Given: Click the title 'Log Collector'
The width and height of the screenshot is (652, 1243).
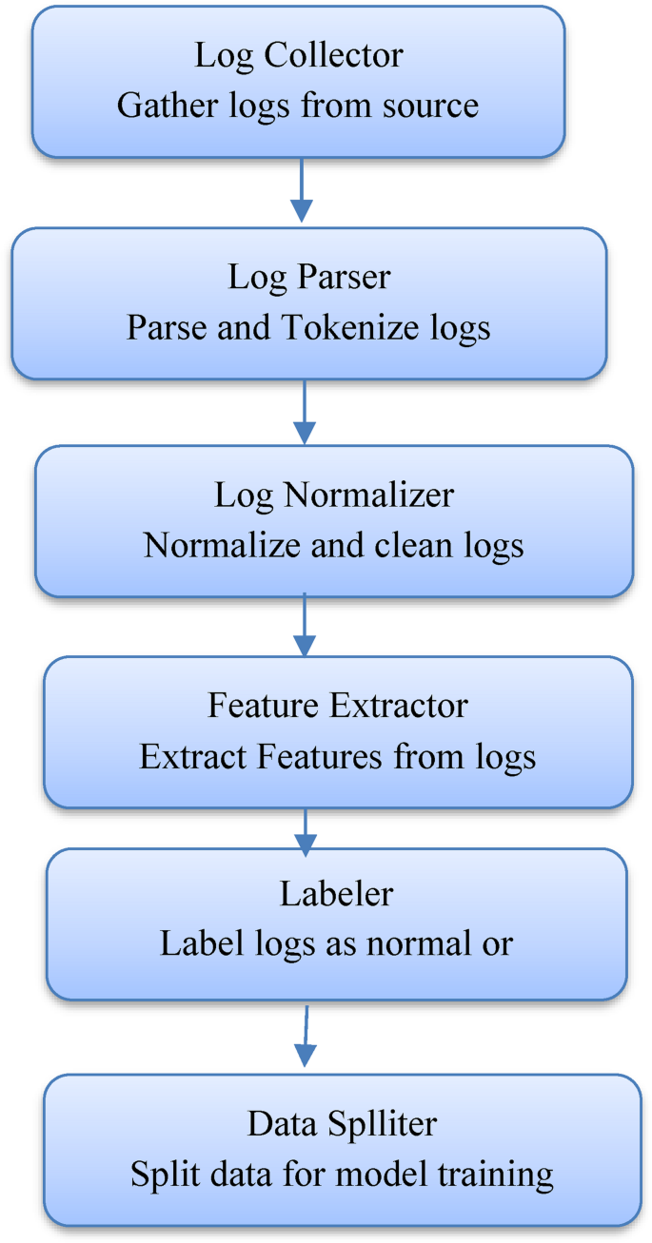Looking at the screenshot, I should click(298, 55).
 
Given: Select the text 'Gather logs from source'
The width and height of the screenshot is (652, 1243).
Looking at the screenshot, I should click(298, 105).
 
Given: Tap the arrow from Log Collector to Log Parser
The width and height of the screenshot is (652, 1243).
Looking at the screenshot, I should click(302, 190).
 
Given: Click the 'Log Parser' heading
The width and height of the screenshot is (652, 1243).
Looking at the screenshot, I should click(309, 278).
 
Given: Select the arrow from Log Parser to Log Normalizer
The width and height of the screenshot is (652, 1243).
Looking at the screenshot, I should click(304, 412).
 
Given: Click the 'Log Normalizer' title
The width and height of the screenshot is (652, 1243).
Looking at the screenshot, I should click(334, 495).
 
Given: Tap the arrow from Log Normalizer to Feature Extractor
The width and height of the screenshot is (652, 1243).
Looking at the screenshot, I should click(304, 624).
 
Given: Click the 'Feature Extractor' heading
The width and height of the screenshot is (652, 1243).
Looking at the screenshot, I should click(338, 707).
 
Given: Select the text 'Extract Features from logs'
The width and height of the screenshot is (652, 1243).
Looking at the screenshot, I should click(338, 757).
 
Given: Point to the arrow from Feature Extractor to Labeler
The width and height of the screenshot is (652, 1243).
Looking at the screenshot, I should click(305, 830).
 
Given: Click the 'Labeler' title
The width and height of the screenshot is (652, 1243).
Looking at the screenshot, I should click(336, 894).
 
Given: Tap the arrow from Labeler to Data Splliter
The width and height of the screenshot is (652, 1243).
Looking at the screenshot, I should click(305, 1037).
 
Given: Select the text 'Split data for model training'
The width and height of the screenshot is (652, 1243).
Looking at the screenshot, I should click(342, 1175).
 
